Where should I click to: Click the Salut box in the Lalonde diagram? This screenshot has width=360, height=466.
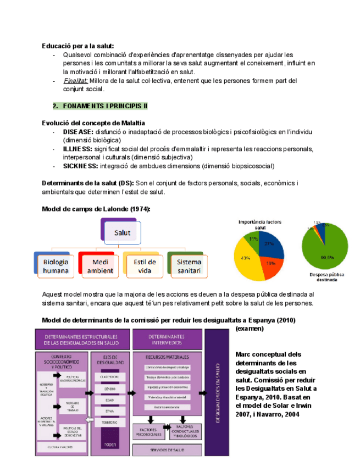tap(121, 232)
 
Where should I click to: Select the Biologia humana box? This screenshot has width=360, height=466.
tap(56, 266)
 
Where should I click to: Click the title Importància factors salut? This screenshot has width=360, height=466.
tap(259, 224)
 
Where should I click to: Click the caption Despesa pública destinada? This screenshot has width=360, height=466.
tap(326, 276)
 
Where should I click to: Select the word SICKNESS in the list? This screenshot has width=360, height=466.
tap(80, 166)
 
